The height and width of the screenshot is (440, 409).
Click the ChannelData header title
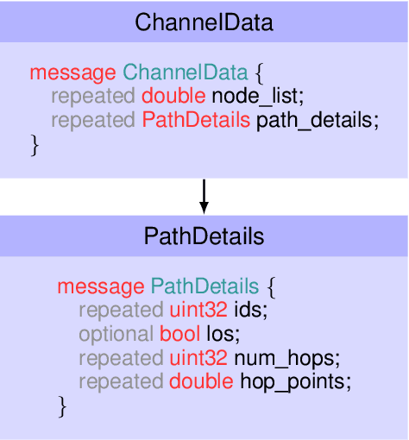click(x=204, y=22)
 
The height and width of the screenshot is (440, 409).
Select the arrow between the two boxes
click(x=204, y=196)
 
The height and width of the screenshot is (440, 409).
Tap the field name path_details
click(x=318, y=120)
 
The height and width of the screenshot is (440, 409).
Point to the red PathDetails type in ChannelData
click(x=197, y=120)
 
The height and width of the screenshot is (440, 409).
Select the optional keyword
click(x=116, y=333)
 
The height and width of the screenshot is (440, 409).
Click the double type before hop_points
click(x=199, y=380)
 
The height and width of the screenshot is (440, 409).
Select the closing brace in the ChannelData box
click(x=35, y=145)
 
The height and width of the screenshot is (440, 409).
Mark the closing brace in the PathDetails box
click(x=62, y=405)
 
